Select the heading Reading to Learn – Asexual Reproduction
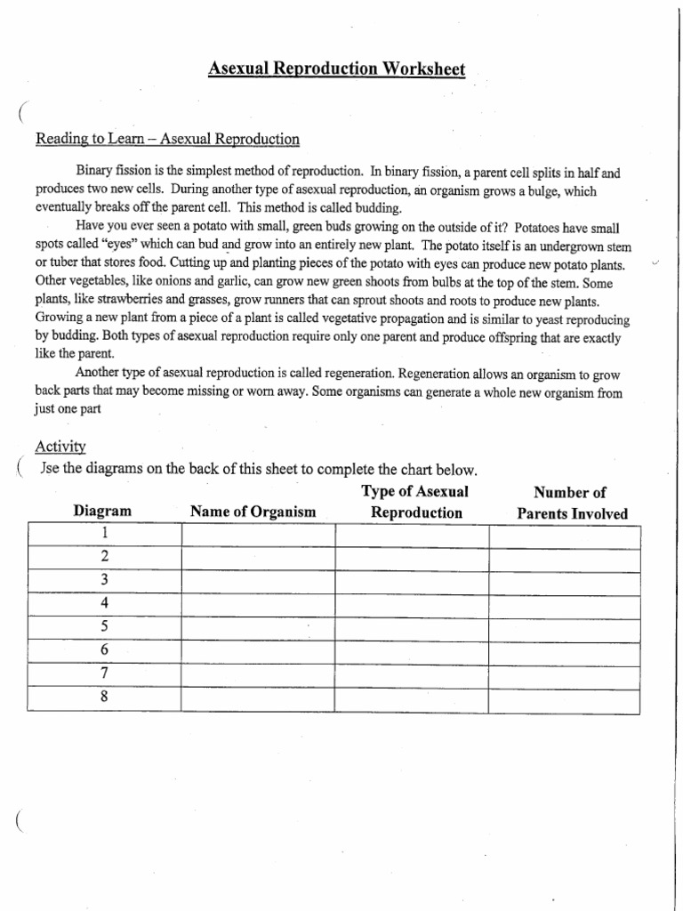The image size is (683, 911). (167, 140)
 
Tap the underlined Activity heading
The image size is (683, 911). (60, 447)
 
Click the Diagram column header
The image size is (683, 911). (102, 512)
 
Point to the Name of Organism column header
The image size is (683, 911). (253, 512)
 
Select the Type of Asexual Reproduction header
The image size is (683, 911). (415, 503)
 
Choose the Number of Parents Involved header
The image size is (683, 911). (571, 504)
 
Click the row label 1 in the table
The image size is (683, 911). (104, 533)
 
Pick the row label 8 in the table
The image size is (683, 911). (104, 697)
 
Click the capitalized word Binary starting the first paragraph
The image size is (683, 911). (98, 173)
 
